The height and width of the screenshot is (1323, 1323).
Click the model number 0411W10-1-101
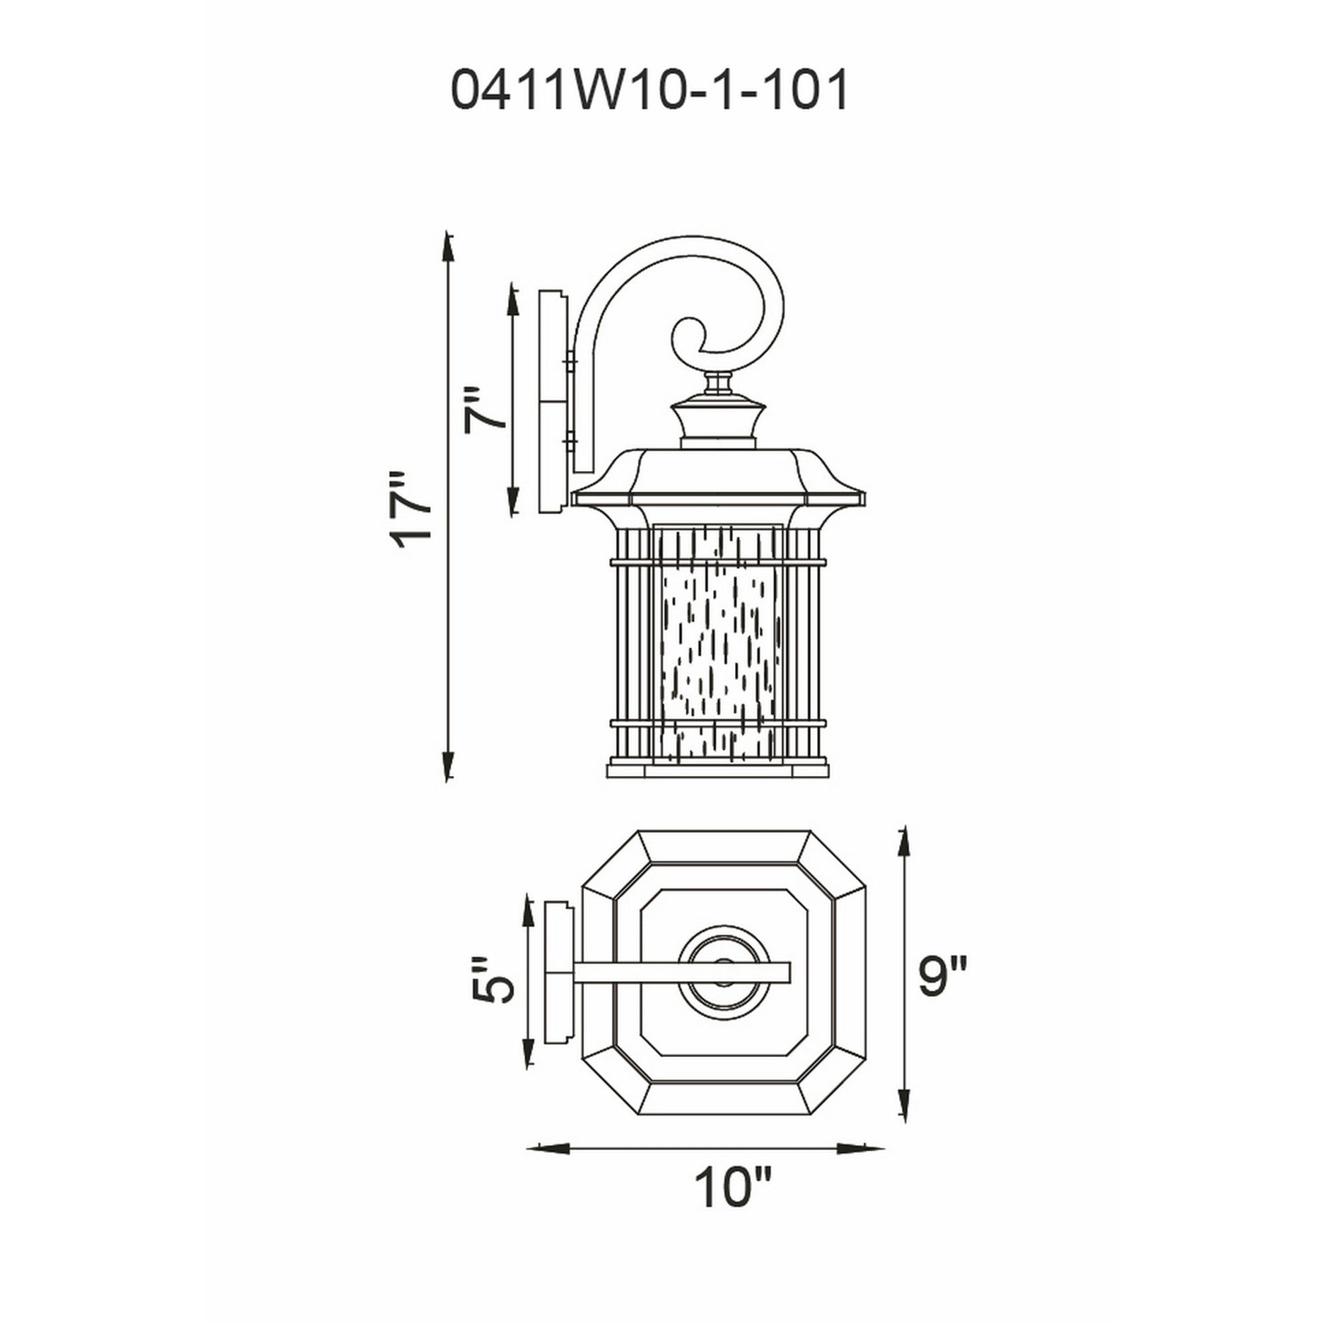[x=650, y=90]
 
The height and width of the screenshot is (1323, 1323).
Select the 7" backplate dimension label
[x=484, y=411]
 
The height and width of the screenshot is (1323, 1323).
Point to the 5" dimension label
[x=493, y=980]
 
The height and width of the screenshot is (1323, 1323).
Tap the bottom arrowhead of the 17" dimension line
[x=448, y=765]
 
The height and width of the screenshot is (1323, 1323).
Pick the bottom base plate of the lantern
[x=718, y=770]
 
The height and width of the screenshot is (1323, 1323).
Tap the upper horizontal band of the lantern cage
[x=718, y=562]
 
